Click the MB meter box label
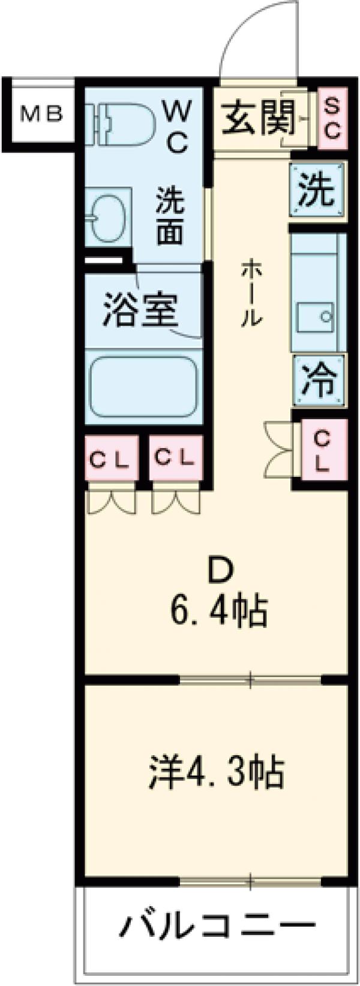click(x=41, y=114)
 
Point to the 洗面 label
click(x=170, y=216)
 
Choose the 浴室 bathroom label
click(x=139, y=309)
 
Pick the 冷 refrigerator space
click(x=319, y=379)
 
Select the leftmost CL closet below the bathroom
click(x=110, y=459)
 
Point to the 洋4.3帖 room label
click(x=216, y=773)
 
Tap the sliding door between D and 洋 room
click(x=251, y=680)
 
